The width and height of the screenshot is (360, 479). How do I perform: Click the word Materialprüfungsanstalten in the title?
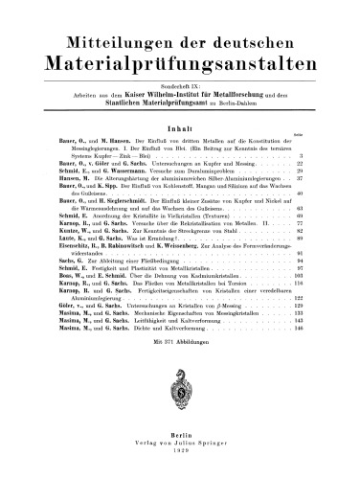click(x=180, y=68)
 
